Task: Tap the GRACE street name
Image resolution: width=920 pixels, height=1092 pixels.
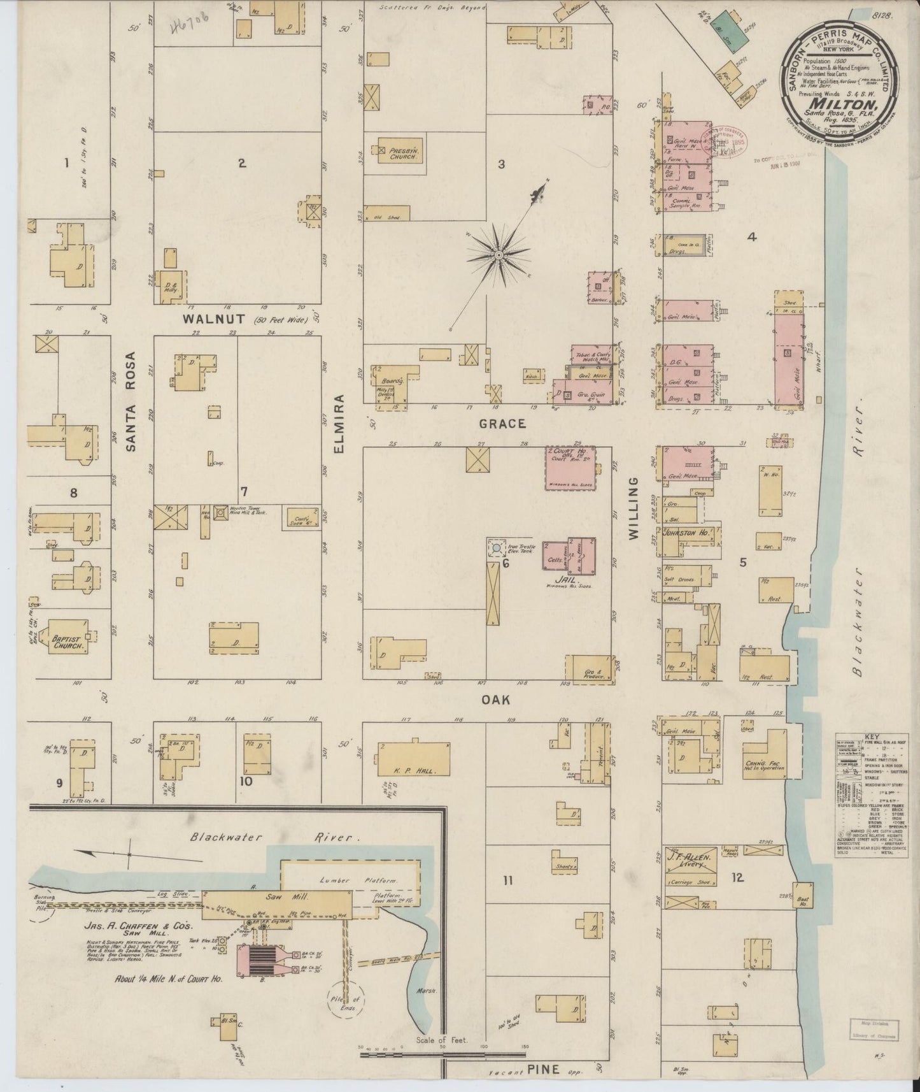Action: click(x=502, y=423)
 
